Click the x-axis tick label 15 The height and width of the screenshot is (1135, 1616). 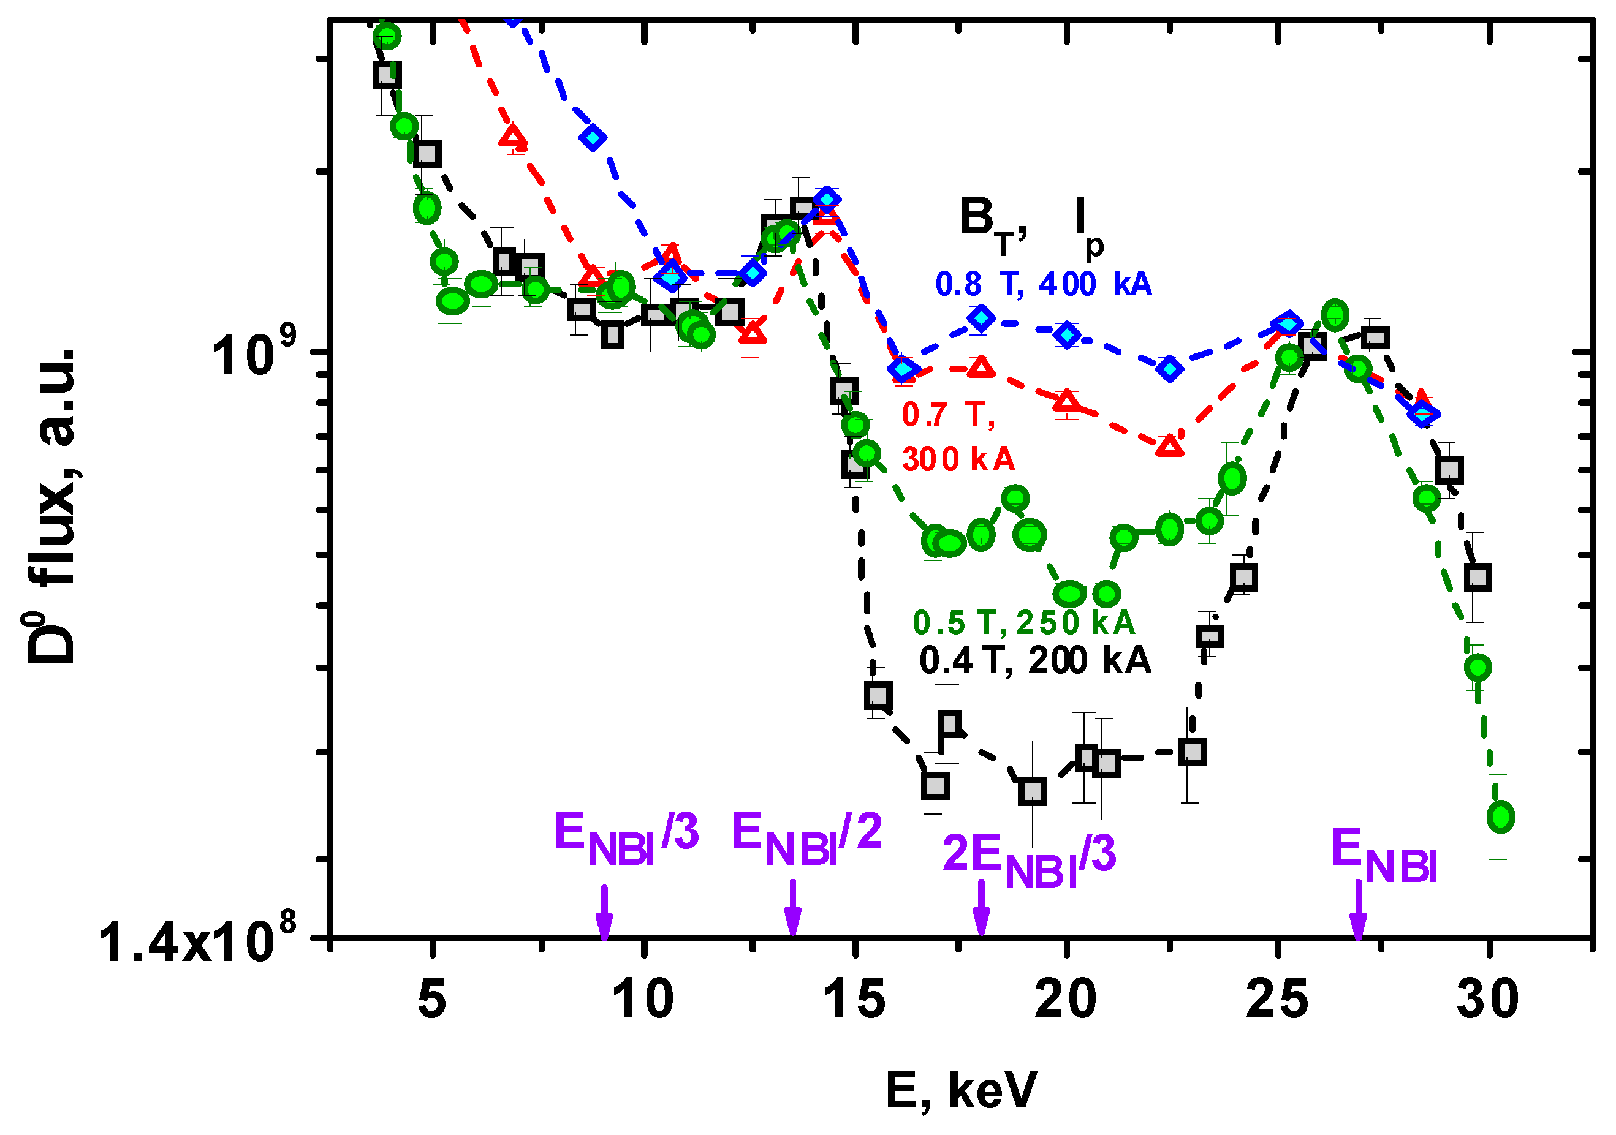(854, 1000)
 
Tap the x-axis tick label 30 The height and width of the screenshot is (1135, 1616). (1488, 1000)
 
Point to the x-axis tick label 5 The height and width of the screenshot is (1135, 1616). (432, 1000)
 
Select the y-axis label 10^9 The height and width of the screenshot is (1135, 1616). (264, 355)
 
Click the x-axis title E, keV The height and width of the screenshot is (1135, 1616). (962, 1092)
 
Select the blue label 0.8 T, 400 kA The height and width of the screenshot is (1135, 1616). (1043, 284)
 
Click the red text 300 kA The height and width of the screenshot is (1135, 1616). (958, 459)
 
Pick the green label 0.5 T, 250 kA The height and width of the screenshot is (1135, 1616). (1023, 623)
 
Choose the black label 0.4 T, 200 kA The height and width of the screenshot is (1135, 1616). (1034, 660)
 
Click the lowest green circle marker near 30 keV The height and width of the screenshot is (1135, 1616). (1501, 818)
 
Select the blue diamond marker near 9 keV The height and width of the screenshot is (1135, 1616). (594, 137)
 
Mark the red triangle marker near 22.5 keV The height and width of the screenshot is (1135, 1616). (1169, 446)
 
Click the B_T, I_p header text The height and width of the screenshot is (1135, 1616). (1031, 221)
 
